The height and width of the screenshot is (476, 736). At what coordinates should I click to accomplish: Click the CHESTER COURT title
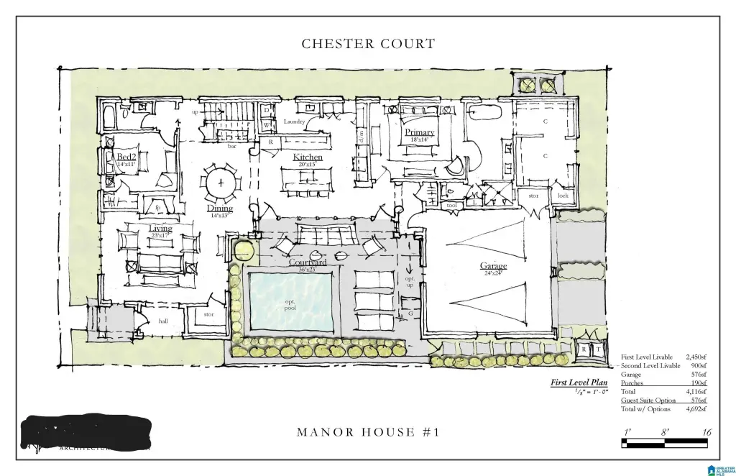pos(368,44)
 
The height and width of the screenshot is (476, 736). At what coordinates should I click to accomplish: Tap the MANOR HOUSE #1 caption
pos(367,432)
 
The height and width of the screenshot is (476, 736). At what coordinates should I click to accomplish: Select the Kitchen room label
pos(308,157)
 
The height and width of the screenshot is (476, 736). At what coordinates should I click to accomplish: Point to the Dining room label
pos(220,209)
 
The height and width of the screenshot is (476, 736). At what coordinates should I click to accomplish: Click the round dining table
pos(221,183)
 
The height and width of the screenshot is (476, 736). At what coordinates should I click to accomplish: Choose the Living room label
pos(160,229)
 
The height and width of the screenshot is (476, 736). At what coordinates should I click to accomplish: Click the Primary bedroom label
pos(419,132)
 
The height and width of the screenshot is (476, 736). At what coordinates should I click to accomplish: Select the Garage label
pos(493,266)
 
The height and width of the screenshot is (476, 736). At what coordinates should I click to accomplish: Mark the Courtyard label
pos(308,262)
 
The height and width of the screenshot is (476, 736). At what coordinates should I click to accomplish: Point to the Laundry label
pos(295,122)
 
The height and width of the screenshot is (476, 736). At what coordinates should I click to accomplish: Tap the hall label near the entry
pos(163,321)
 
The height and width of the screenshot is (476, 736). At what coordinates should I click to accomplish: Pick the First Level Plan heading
pos(579,383)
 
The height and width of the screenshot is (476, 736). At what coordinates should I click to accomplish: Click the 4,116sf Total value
pos(696,392)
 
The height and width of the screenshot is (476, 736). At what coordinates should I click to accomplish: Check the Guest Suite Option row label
pos(648,401)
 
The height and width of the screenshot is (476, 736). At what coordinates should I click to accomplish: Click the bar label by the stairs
pos(231,146)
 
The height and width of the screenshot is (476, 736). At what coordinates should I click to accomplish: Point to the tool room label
pos(451,205)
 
